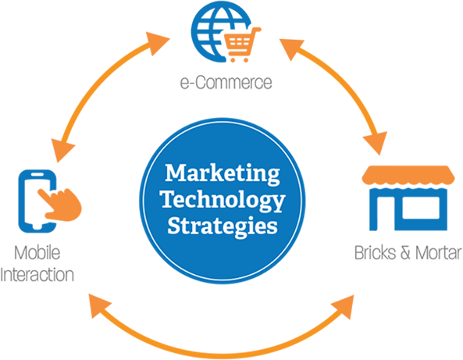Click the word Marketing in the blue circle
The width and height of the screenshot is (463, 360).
pos(223,174)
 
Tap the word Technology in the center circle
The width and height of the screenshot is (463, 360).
pos(223,201)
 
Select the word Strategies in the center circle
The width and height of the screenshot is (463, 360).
pos(223,226)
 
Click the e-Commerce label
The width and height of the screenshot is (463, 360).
pos(226,82)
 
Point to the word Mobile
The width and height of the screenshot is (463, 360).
pos(37,252)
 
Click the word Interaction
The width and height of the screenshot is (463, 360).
pos(37,275)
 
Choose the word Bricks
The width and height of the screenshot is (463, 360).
pos(375,253)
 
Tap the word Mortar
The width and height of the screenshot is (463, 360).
pos(439,253)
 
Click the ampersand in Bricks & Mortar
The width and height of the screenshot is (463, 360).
pos(405,253)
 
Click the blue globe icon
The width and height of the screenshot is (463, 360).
pos(217,33)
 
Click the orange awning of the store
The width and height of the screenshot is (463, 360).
pos(408,176)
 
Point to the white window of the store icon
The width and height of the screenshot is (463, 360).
pos(421,208)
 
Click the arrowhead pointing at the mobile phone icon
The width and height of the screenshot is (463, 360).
pos(61,149)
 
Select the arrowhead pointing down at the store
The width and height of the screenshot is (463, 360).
pos(376,142)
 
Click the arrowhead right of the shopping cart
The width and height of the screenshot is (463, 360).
pos(291,48)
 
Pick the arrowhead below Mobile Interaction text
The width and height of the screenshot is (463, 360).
pos(99,306)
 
